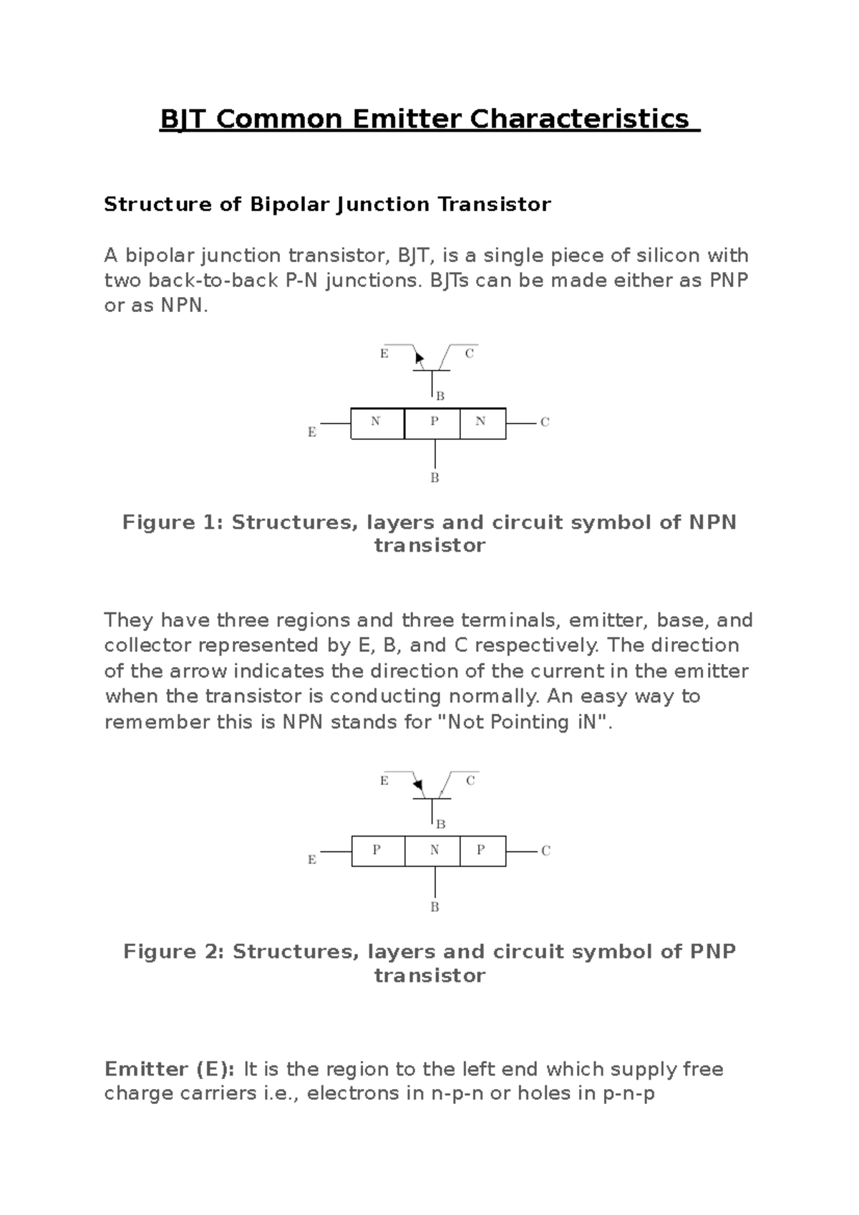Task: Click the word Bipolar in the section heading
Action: point(289,205)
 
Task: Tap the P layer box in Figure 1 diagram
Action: point(433,423)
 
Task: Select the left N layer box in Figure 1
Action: point(377,423)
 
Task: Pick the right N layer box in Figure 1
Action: point(482,423)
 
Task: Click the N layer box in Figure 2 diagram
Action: point(433,851)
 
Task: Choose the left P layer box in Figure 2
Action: point(377,851)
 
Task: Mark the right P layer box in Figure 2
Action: point(482,851)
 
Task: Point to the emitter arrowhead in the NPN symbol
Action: point(419,358)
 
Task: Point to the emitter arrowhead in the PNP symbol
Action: point(419,786)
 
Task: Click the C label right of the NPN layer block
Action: point(545,422)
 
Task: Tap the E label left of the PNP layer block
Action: point(312,860)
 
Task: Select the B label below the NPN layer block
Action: point(435,478)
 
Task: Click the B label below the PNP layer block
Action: point(435,907)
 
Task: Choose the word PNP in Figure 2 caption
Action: point(713,952)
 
